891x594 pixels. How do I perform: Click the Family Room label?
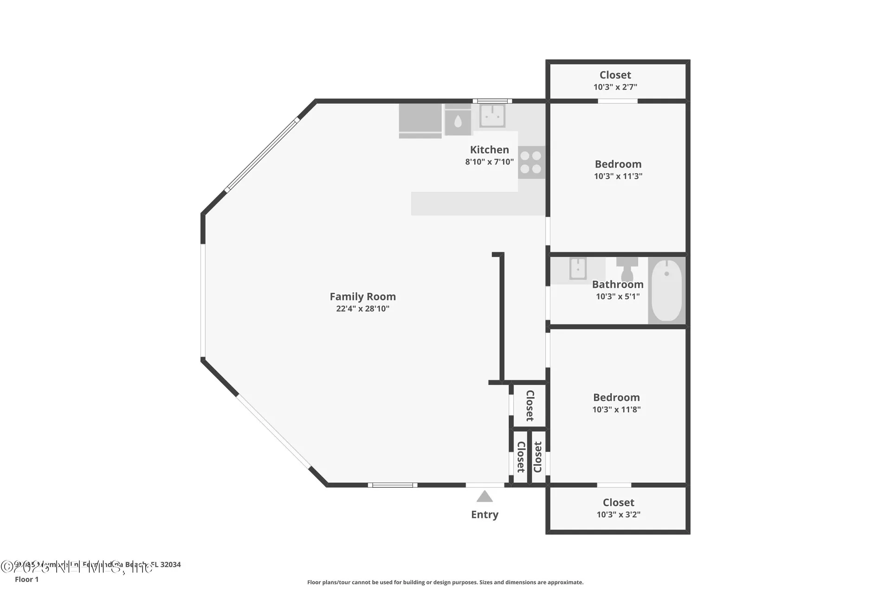(362, 297)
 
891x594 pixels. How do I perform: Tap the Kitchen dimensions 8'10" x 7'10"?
(489, 162)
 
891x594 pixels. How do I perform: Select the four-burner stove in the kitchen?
(531, 162)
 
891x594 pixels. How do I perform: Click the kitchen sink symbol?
(492, 116)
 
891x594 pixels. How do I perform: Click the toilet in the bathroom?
(627, 270)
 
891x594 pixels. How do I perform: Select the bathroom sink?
(578, 269)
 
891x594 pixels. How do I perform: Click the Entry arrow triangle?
(484, 497)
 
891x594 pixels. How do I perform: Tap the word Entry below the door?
(484, 515)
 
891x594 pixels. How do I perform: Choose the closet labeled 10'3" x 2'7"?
(615, 81)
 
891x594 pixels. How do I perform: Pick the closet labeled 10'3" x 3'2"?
(618, 508)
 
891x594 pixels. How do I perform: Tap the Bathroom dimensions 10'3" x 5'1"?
(618, 297)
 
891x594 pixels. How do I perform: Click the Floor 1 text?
(27, 580)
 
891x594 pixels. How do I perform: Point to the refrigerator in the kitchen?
(420, 121)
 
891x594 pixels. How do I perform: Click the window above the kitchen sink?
(492, 101)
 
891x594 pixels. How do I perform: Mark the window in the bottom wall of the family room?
(393, 485)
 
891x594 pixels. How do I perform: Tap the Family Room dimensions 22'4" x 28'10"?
(362, 309)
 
